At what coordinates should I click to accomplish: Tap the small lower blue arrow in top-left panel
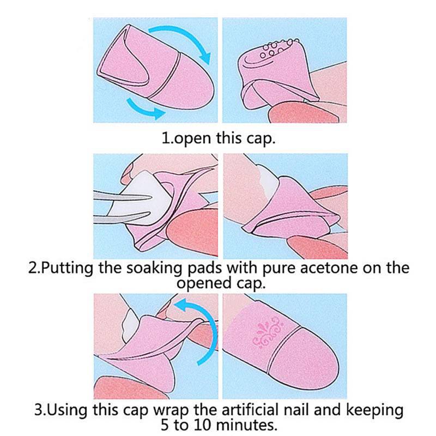click(145, 108)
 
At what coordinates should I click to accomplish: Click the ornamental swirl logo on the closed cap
click(269, 332)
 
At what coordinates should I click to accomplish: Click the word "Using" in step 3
click(66, 410)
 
